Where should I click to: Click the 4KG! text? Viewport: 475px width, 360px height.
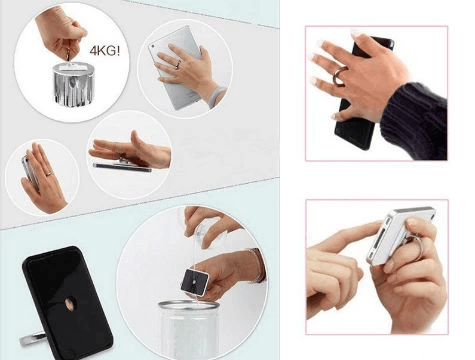coord(105,51)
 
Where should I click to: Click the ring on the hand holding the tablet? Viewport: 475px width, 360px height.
coord(178,64)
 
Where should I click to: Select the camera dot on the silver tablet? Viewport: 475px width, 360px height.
coord(154,46)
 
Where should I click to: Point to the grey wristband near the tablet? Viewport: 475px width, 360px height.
coord(217,96)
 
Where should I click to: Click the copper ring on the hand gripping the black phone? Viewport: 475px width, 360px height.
coord(340,76)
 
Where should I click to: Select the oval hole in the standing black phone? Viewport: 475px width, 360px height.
coord(68,303)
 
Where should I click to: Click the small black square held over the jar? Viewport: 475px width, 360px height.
coord(194,282)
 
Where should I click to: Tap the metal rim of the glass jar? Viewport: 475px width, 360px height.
coord(188,305)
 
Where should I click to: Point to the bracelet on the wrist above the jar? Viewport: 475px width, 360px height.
coord(257,265)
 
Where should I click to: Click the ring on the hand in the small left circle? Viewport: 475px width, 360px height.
coord(49,173)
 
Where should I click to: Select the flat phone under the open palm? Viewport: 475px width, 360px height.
coord(122,167)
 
